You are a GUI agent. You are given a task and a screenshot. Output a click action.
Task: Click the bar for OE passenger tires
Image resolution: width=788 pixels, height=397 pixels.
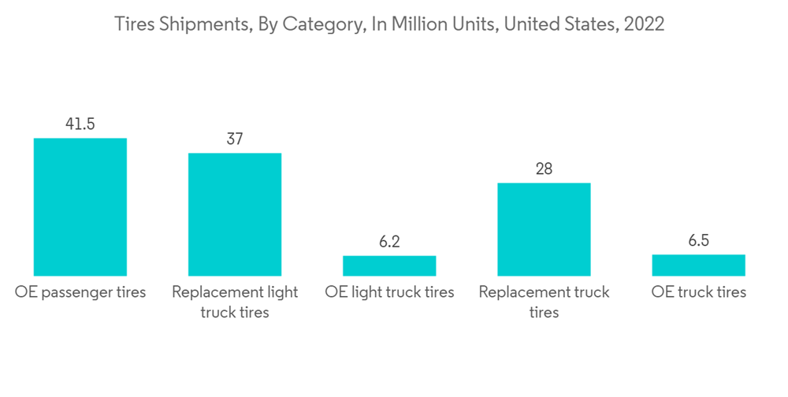click(80, 206)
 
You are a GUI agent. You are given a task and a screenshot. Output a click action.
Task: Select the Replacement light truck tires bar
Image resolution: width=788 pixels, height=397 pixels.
click(234, 213)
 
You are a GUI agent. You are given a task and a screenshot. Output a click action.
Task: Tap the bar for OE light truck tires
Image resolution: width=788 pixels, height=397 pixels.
click(389, 265)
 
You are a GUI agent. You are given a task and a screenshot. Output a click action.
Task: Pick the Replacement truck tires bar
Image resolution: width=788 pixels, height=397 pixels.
click(544, 228)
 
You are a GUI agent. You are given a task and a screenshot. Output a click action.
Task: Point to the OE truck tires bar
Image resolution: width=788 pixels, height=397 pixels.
click(698, 265)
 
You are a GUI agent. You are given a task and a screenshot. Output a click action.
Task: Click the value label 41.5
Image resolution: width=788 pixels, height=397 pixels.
click(80, 124)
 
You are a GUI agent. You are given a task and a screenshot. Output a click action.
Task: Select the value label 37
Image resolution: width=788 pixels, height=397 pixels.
click(234, 139)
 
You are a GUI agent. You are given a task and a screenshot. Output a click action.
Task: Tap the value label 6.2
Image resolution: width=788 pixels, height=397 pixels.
click(389, 242)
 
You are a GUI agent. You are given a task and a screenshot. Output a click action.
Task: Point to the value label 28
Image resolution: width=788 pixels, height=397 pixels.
click(544, 169)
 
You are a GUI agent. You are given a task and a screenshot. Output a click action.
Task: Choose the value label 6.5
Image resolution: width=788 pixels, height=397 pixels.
click(698, 241)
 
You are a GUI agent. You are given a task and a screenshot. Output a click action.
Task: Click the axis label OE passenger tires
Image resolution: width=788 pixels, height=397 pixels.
click(80, 292)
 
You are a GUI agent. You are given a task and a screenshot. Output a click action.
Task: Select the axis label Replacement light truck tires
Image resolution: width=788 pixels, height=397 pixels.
click(235, 302)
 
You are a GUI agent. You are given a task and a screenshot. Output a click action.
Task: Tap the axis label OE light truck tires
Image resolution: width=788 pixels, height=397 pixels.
click(389, 292)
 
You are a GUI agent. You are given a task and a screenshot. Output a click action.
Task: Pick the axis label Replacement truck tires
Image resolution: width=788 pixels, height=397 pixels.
click(544, 302)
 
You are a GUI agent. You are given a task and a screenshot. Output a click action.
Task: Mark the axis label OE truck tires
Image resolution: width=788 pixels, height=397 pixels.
click(699, 292)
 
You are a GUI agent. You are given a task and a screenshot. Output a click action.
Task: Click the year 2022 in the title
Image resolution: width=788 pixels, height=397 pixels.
click(644, 24)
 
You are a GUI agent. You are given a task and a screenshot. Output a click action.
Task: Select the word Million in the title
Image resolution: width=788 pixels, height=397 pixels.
click(411, 24)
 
